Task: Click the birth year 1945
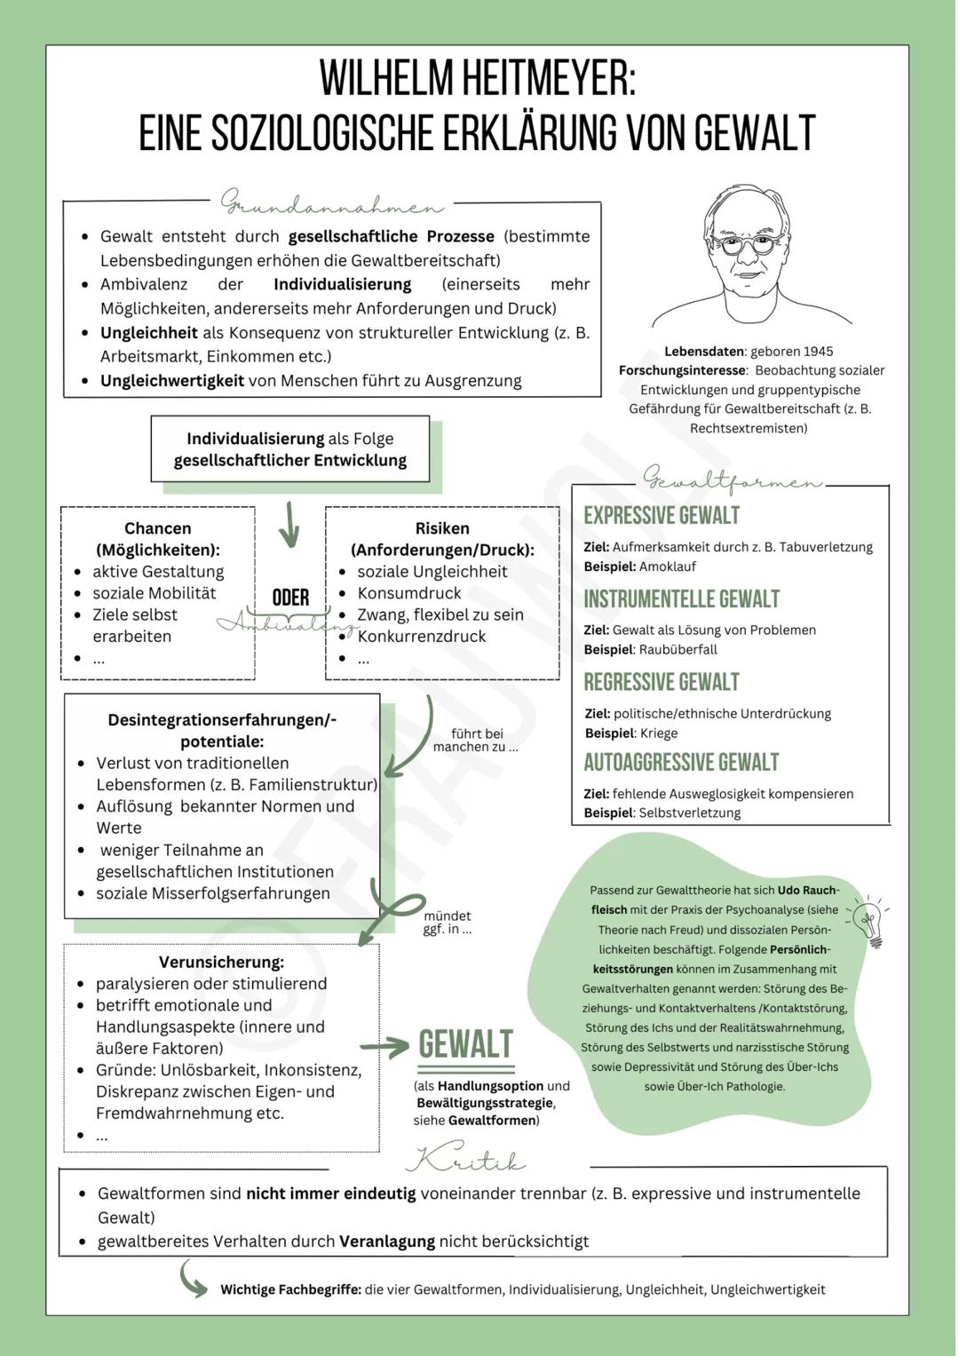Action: [815, 351]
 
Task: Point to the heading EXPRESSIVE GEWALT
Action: [661, 516]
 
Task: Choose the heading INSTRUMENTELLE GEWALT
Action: [681, 599]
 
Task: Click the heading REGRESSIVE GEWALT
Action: [661, 682]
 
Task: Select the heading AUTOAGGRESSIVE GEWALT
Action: [680, 763]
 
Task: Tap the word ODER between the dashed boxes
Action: [290, 598]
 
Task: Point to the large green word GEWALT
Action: [465, 1044]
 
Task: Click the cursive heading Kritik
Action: [465, 1160]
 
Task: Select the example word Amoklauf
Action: [667, 567]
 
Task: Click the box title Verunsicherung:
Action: [221, 962]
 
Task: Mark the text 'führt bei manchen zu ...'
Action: [476, 740]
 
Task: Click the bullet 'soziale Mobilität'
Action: [154, 593]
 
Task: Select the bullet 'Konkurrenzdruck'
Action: [421, 636]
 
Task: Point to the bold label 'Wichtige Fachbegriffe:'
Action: [290, 1289]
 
